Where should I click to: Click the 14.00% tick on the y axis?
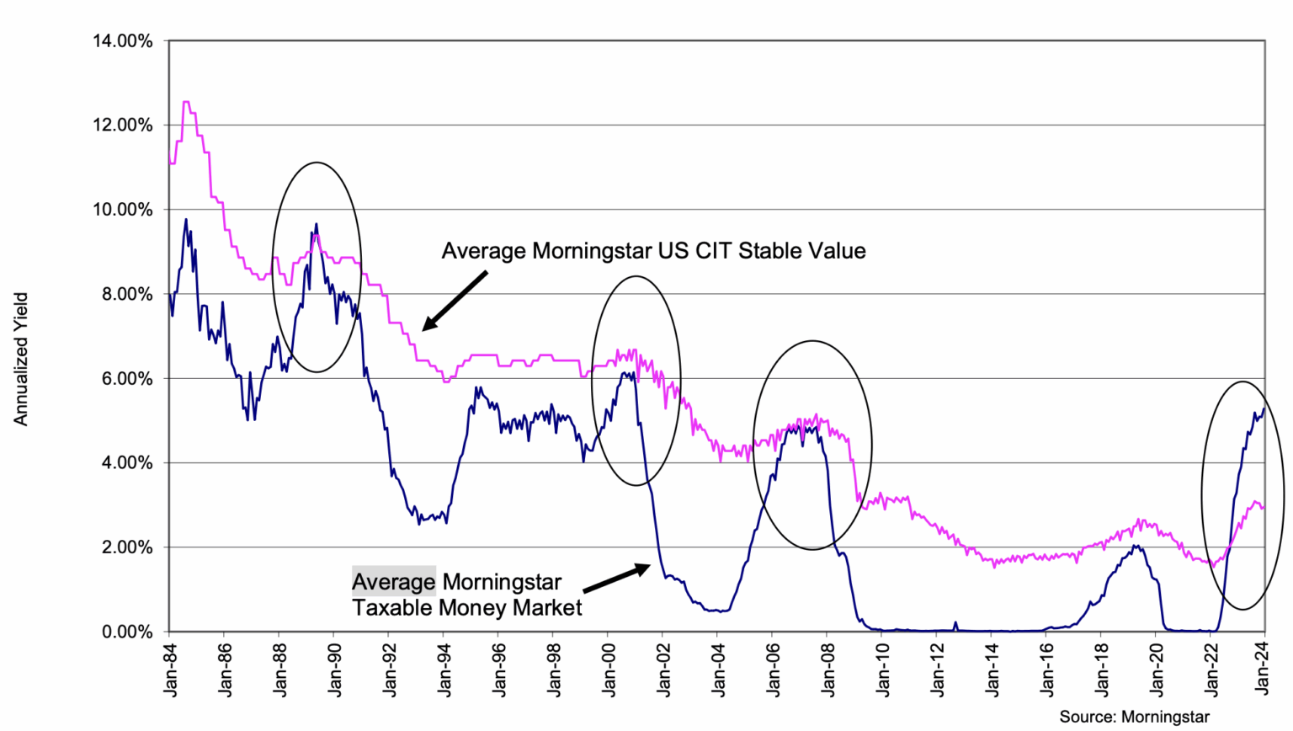[122, 40]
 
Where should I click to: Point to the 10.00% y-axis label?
[122, 210]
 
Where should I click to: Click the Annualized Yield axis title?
[21, 359]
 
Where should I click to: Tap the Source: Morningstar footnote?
[1134, 717]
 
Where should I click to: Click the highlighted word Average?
[394, 582]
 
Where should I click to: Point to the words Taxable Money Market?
[467, 608]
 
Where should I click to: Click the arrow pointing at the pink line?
[455, 301]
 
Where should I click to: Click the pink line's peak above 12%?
[185, 103]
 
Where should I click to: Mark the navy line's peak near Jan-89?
[316, 224]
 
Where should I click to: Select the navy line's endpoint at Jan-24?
[1264, 408]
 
